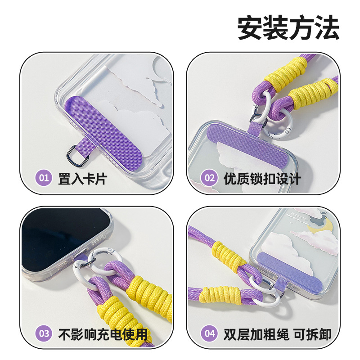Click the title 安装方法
click(x=288, y=28)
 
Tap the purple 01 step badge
click(x=43, y=177)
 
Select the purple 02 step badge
click(x=210, y=178)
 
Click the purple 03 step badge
click(x=44, y=333)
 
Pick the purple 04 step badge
click(x=210, y=333)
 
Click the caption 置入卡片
click(x=83, y=178)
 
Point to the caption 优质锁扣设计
click(x=262, y=179)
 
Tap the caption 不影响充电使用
click(x=103, y=334)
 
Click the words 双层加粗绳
click(x=256, y=334)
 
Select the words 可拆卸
click(x=312, y=334)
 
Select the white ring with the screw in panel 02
click(x=280, y=124)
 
